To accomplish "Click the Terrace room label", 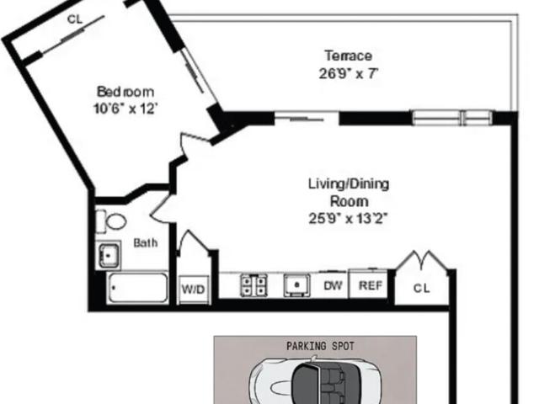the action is pyautogui.click(x=348, y=56).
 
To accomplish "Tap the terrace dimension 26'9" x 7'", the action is pyautogui.click(x=348, y=73).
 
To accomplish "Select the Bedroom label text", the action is pyautogui.click(x=125, y=92).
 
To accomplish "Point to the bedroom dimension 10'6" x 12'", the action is pyautogui.click(x=125, y=109).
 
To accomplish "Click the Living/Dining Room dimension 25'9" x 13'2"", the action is pyautogui.click(x=348, y=218).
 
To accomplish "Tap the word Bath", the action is pyautogui.click(x=146, y=243).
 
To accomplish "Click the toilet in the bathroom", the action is pyautogui.click(x=111, y=221).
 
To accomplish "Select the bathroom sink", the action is pyautogui.click(x=109, y=255).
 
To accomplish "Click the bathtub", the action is pyautogui.click(x=137, y=288).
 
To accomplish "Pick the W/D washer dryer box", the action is pyautogui.click(x=194, y=290).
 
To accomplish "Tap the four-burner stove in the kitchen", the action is pyautogui.click(x=254, y=286).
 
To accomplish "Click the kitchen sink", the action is pyautogui.click(x=297, y=285).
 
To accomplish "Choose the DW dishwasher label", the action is pyautogui.click(x=333, y=285).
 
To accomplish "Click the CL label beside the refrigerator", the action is pyautogui.click(x=421, y=288).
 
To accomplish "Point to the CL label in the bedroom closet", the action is pyautogui.click(x=75, y=19).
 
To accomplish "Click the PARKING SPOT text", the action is pyautogui.click(x=320, y=346).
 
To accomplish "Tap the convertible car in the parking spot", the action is pyautogui.click(x=315, y=382).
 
